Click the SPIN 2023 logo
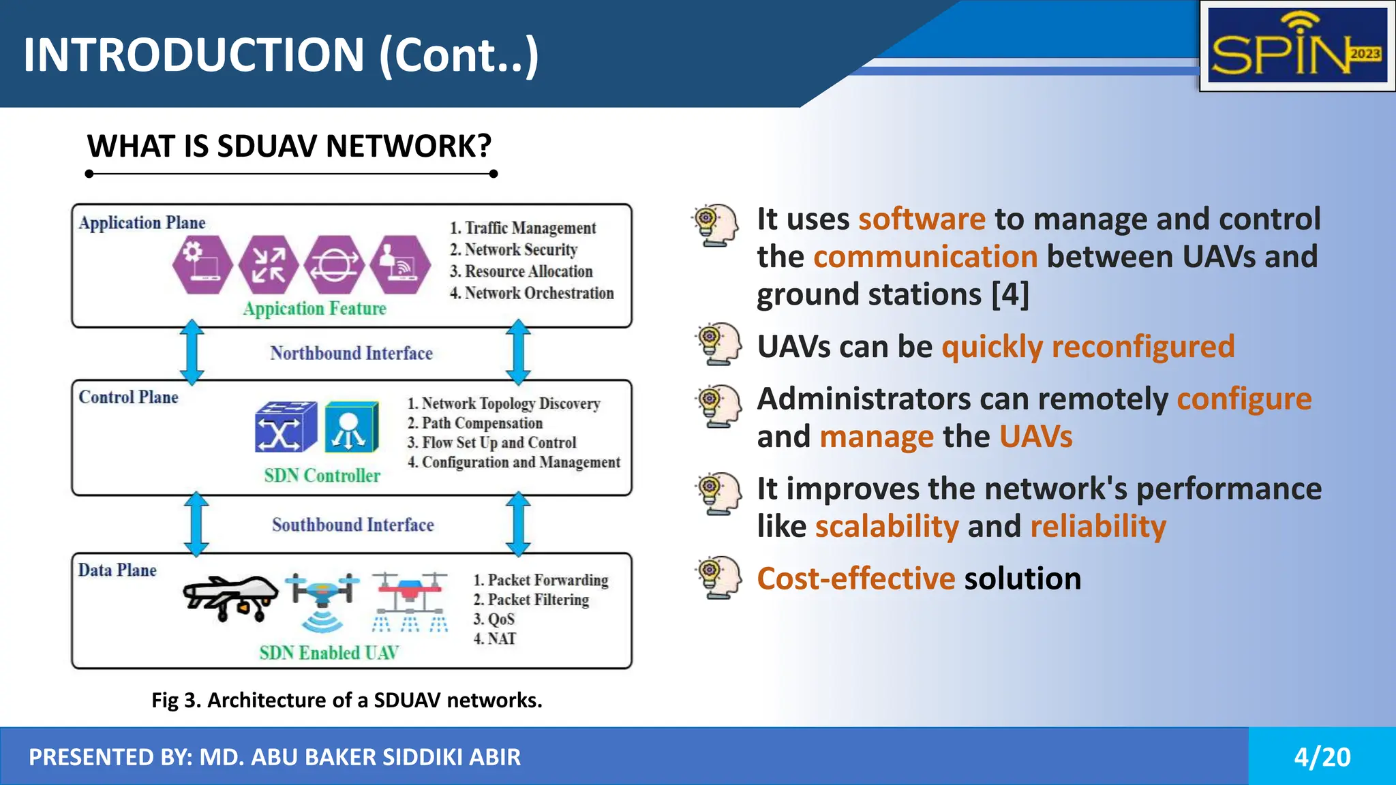coord(1297,46)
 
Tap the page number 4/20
coord(1322,757)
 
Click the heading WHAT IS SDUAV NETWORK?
coord(289,146)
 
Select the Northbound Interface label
coord(351,353)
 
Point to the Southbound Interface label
coord(352,525)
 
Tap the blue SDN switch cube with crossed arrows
coord(286,427)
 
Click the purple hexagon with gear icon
coord(202,264)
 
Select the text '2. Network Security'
coord(513,249)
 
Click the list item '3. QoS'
coord(494,619)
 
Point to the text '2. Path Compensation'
coord(474,423)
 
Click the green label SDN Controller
coord(322,476)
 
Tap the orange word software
coord(922,219)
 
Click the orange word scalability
coord(887,527)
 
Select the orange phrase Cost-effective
coord(856,579)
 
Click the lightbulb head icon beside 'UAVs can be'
coord(718,344)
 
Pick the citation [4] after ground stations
coord(1010,294)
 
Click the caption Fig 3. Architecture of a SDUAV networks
coord(346,700)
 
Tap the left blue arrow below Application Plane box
coord(192,352)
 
